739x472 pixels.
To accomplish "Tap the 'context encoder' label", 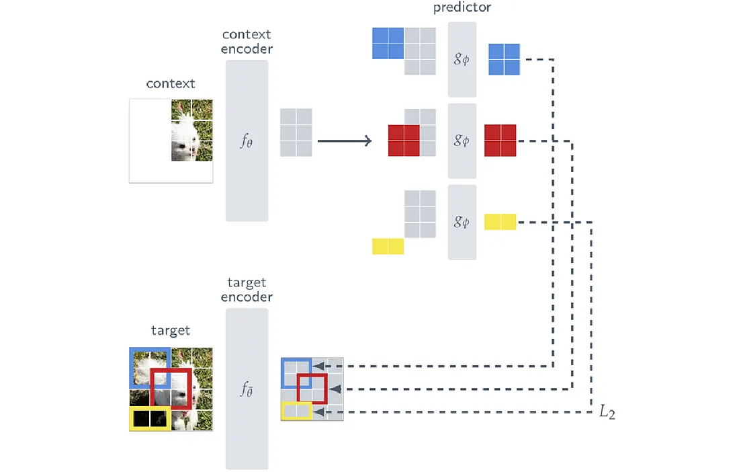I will point(247,41).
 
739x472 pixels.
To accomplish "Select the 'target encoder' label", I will point(247,289).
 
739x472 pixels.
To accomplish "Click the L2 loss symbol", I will point(607,412).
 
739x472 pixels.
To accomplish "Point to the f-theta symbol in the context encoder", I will point(247,141).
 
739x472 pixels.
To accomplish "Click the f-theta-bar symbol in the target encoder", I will point(247,389).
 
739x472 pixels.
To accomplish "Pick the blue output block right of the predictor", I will point(504,59).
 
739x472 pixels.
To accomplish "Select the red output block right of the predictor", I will point(500,141).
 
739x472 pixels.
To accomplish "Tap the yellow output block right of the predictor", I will point(500,222).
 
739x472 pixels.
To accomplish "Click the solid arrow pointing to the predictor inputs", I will point(344,141).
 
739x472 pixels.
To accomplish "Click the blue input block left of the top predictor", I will point(388,43).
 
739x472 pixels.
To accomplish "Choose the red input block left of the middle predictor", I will point(404,141).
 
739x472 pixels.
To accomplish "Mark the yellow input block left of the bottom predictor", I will point(388,246).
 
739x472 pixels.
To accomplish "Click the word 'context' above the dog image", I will point(171,84).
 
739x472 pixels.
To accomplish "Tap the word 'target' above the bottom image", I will point(171,330).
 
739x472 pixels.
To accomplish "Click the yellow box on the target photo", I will point(149,418).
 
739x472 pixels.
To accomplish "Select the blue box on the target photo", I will point(149,368).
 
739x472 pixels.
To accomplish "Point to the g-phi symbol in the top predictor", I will point(462,59).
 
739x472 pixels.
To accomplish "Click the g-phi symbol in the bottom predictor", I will point(462,222).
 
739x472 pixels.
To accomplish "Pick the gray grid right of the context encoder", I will point(296,132).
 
